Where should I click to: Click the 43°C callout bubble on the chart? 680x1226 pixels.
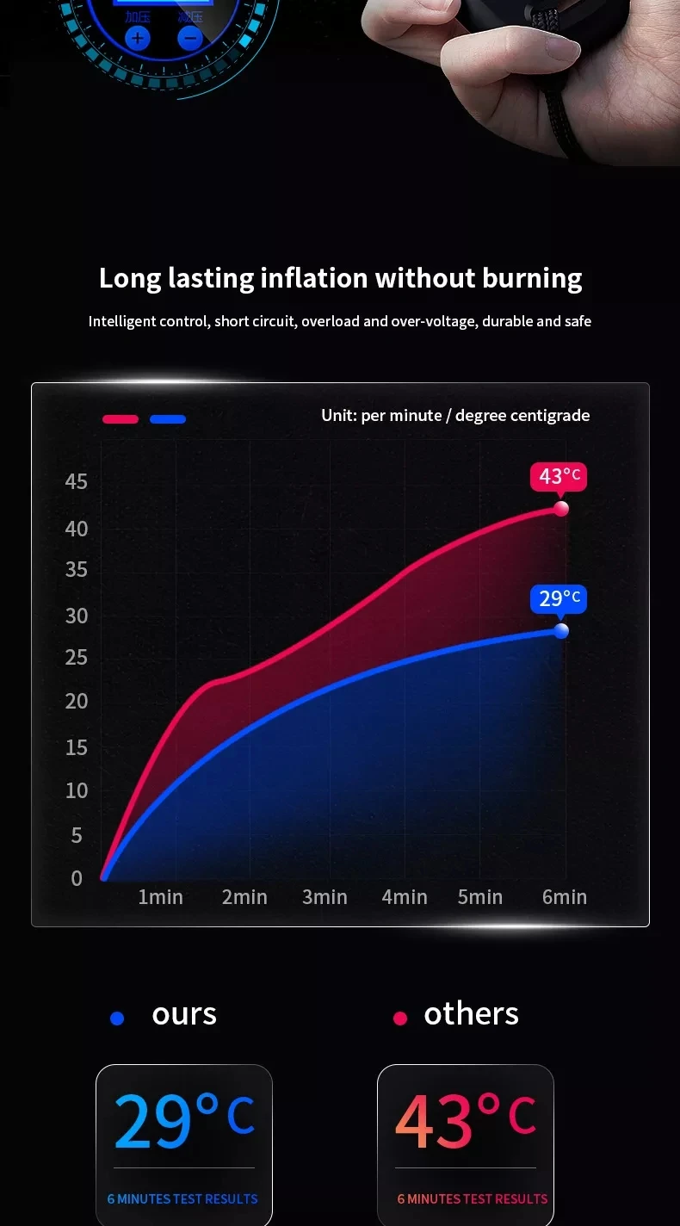559,476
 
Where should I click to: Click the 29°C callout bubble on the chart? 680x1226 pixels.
559,598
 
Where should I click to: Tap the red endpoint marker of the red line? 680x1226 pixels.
561,509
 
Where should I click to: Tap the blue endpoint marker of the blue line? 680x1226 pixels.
561,631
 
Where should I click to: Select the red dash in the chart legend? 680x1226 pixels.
121,419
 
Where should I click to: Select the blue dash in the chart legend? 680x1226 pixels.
168,419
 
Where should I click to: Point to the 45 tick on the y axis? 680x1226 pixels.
77,481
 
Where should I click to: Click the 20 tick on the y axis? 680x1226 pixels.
77,701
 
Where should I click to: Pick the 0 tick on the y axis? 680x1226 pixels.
77,878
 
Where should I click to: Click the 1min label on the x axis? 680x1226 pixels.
160,897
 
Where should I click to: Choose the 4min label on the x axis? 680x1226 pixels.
405,897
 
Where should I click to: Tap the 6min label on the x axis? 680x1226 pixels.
565,897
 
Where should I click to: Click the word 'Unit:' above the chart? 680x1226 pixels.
339,416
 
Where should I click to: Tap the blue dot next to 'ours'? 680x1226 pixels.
118,1019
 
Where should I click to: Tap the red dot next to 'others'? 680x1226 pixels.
399,1019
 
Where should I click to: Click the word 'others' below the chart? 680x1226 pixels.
471,1014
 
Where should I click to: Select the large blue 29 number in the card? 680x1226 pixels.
152,1120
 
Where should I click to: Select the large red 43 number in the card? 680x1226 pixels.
434,1120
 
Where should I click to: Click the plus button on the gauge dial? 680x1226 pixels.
138,38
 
